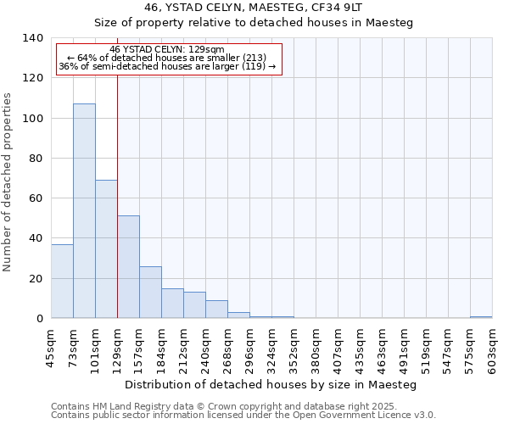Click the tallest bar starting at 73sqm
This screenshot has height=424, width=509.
(84, 211)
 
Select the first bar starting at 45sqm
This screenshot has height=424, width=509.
(62, 281)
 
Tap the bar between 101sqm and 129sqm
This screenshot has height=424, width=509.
(106, 249)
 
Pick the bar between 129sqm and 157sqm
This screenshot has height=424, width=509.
(128, 267)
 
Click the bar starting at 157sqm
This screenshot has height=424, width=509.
(150, 293)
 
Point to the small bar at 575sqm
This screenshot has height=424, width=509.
(481, 317)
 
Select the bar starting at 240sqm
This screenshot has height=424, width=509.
(216, 310)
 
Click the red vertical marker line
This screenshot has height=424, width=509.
(117, 170)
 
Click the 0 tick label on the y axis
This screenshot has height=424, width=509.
(39, 319)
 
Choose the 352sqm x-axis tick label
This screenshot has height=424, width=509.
(294, 348)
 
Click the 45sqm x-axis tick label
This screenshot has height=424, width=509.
(51, 348)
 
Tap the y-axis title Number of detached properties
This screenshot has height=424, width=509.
(8, 182)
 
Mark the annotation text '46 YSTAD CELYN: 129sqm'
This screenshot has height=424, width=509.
(166, 50)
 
